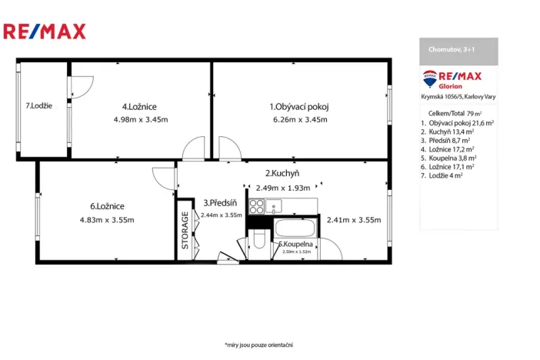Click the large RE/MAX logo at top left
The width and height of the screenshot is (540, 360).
(45, 32)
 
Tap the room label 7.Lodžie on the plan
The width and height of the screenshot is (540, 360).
(38, 106)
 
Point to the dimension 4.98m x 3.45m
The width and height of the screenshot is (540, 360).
(140, 119)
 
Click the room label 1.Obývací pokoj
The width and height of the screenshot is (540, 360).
(299, 107)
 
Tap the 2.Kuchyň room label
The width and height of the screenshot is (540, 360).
(282, 174)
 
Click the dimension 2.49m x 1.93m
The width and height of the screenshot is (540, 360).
(282, 188)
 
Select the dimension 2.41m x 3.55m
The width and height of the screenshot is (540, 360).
(354, 219)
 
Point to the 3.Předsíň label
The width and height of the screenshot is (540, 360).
(220, 203)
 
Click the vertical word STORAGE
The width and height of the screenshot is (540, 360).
(185, 231)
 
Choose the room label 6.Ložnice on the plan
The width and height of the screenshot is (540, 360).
(107, 206)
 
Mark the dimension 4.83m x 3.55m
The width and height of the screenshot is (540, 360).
(107, 219)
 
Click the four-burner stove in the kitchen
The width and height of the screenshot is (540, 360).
(257, 206)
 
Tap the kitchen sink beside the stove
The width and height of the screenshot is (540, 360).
(275, 206)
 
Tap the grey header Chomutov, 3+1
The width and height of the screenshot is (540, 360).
(458, 51)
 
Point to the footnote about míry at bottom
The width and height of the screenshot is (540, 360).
(258, 345)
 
